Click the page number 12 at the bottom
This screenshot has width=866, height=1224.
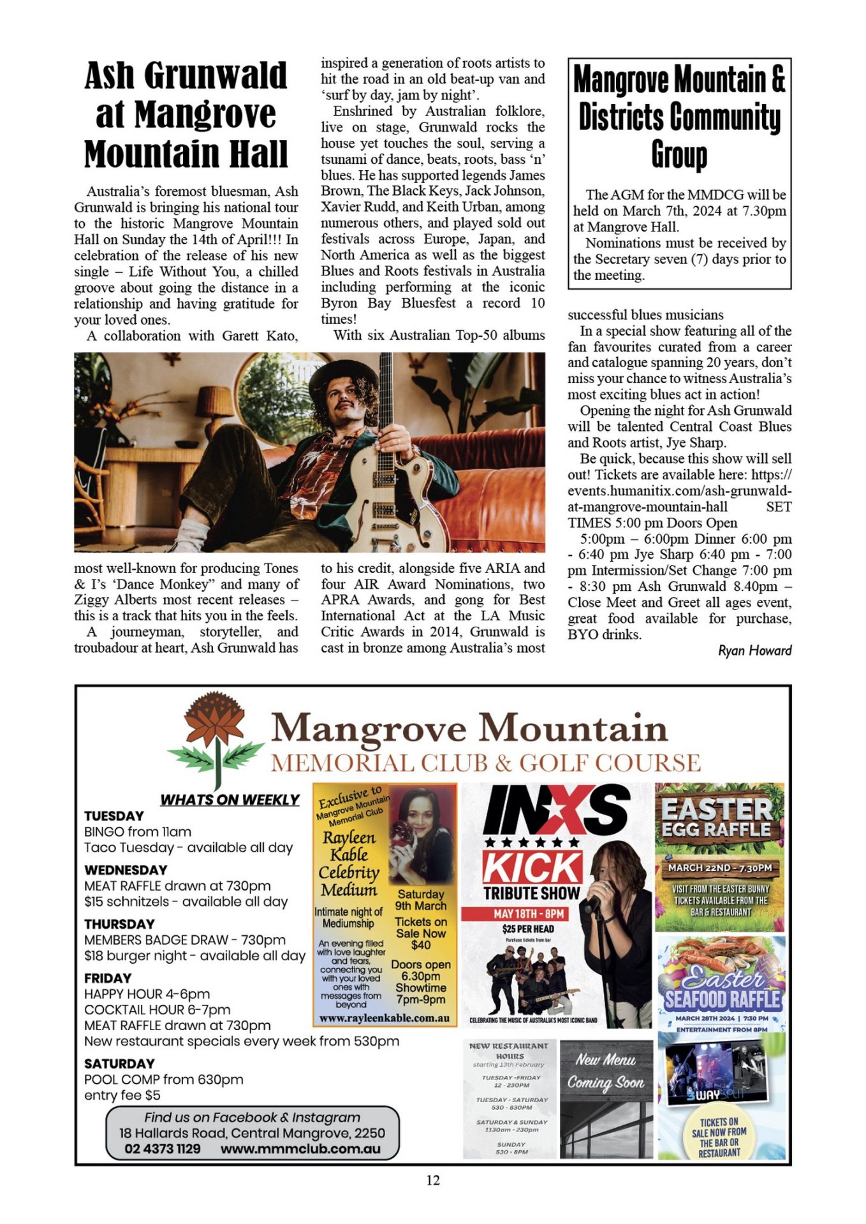(x=433, y=1180)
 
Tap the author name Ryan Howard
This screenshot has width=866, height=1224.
(x=754, y=650)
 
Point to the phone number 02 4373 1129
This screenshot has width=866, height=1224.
(x=162, y=1148)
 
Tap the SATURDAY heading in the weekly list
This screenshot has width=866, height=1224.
(x=119, y=1063)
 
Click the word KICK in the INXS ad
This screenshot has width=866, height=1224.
(x=532, y=867)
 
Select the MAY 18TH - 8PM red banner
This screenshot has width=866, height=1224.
(x=529, y=914)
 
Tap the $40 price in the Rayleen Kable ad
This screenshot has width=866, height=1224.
(x=421, y=945)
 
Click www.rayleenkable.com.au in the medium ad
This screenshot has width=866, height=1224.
(x=385, y=1018)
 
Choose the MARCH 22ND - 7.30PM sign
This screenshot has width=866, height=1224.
(x=720, y=868)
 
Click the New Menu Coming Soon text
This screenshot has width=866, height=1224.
(x=606, y=1071)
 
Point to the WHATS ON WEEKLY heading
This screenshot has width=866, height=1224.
(x=230, y=799)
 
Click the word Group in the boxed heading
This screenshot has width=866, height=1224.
(x=679, y=155)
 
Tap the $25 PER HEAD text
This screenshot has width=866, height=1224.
(x=528, y=929)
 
